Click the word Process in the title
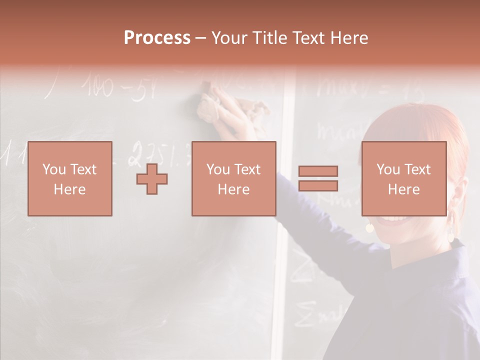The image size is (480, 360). pos(157,38)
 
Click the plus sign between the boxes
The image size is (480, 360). pos(152,178)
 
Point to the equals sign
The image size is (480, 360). pos(318,178)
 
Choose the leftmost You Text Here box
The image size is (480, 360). pos(70,178)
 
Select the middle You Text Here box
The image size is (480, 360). pos(233,178)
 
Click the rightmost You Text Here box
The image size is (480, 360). pos(403,178)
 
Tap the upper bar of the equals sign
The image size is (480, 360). pos(318,171)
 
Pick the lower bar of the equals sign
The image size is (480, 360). pos(318,185)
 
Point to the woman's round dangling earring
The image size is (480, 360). pos(370,227)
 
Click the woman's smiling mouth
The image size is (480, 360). pos(395,219)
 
